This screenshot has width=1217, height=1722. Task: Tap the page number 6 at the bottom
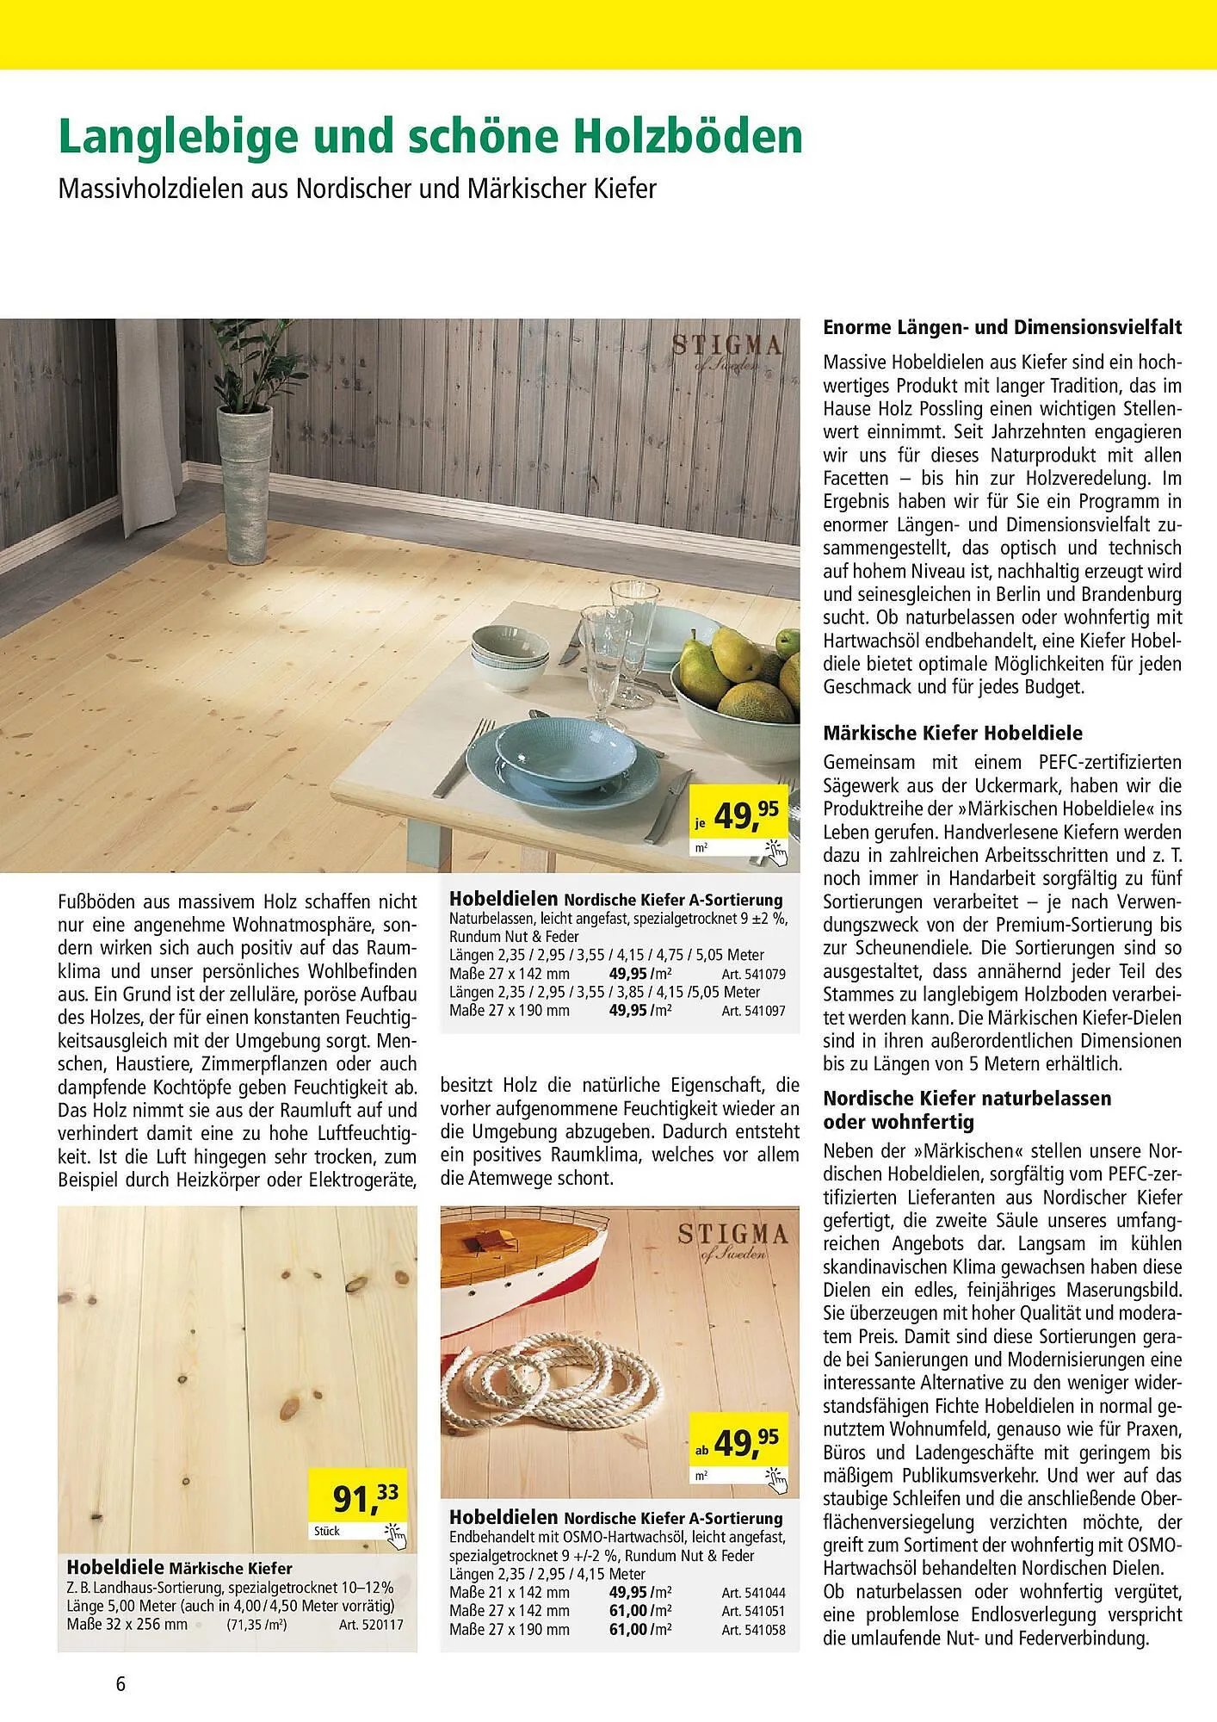(120, 1682)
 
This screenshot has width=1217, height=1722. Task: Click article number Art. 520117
(371, 1625)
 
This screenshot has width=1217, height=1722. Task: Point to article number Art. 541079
(753, 974)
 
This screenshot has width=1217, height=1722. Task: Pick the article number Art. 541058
(753, 1629)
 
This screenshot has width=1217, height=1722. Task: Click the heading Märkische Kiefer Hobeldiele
(952, 734)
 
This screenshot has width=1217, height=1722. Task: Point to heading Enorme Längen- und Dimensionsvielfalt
(1002, 327)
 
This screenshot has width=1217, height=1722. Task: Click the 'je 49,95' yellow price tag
(741, 817)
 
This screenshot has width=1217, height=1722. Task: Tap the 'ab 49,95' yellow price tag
(741, 1443)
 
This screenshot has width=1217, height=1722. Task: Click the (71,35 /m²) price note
(256, 1626)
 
